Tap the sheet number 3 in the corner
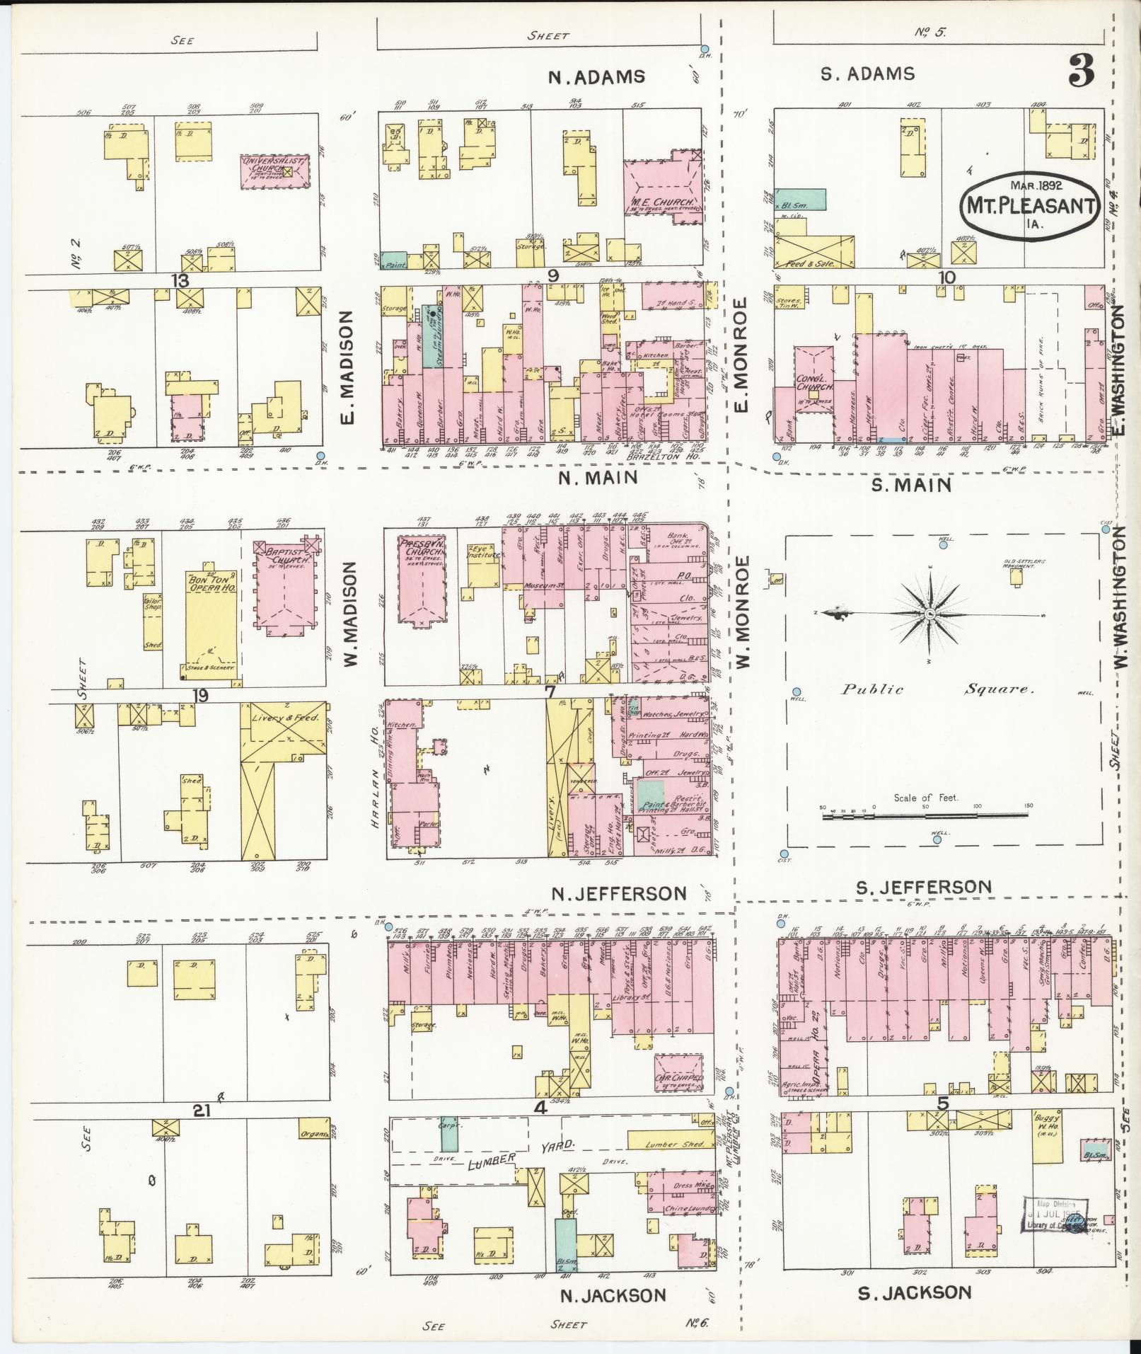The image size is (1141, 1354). coord(1082,71)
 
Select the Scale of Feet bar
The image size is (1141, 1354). coord(925,816)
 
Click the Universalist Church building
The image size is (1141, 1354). coord(274,171)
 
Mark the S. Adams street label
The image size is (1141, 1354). coord(867,74)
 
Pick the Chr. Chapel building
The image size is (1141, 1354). coord(678,1079)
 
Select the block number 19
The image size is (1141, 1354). coord(200,695)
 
